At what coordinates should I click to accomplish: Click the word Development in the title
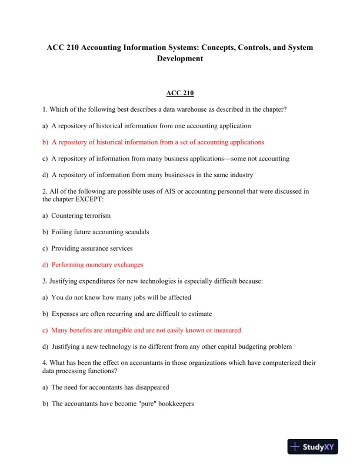[x=179, y=59]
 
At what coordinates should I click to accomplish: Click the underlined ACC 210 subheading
[x=179, y=93]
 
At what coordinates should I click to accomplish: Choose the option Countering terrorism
[x=81, y=216]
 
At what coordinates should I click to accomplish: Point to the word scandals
[x=135, y=232]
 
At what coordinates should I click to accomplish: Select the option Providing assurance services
[x=92, y=248]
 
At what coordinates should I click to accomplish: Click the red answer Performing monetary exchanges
[x=97, y=265]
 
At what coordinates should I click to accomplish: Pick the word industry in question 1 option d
[x=239, y=175]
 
